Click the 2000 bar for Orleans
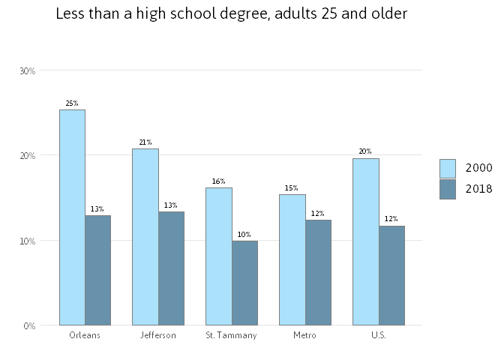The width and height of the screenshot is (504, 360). click(72, 217)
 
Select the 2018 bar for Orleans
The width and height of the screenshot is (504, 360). click(97, 270)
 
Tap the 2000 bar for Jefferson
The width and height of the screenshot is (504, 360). click(145, 237)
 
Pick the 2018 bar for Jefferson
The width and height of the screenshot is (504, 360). click(171, 268)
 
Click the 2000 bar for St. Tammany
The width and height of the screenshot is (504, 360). click(219, 256)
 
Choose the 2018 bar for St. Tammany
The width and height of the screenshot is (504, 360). click(244, 283)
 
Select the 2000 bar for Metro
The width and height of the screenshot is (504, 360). click(292, 259)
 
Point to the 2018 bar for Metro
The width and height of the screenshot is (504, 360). click(318, 272)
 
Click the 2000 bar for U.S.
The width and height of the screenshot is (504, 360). click(366, 241)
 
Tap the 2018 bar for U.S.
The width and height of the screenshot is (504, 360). click(391, 275)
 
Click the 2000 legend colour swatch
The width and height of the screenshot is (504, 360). click(448, 168)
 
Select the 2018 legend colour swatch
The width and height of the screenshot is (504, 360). click(448, 189)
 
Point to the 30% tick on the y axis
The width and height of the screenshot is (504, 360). click(28, 70)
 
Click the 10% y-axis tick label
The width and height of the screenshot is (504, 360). click(28, 241)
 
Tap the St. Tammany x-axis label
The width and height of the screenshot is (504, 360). click(231, 335)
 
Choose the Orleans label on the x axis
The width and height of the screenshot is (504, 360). click(84, 335)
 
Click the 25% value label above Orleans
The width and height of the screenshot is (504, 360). click(72, 103)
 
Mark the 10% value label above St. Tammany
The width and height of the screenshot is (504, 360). click(244, 235)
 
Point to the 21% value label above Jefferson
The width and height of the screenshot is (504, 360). click(145, 142)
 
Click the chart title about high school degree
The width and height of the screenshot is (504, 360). click(231, 13)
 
